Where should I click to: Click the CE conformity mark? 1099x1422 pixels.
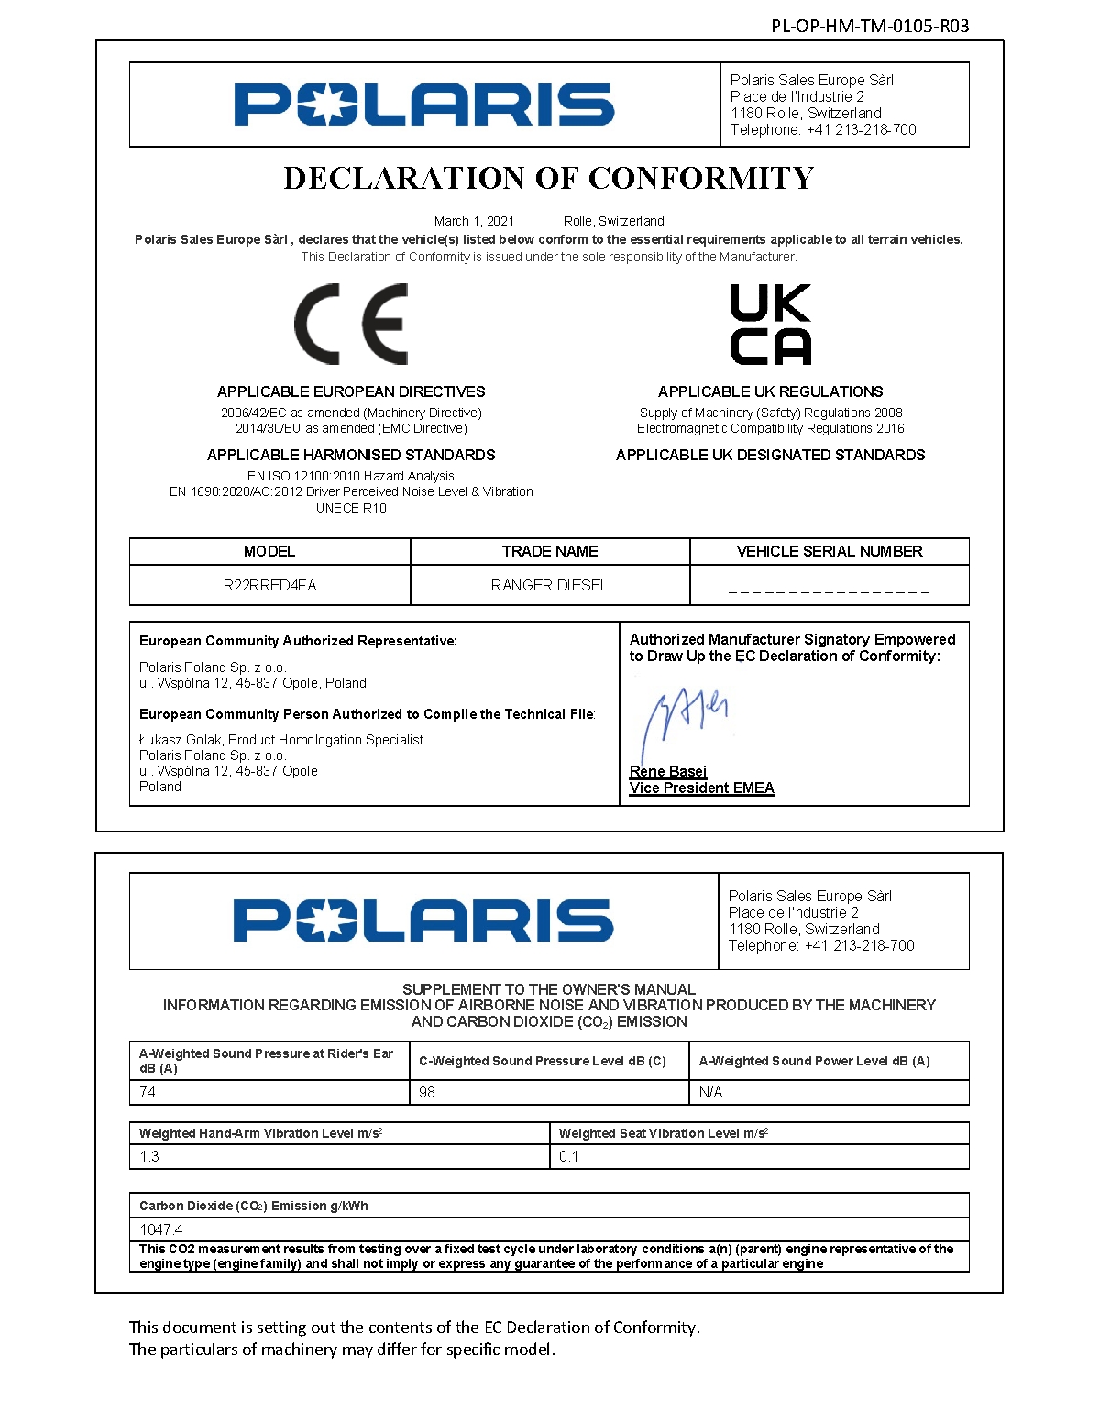(351, 325)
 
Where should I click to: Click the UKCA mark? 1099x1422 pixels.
(770, 325)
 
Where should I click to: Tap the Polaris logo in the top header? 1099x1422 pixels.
(423, 105)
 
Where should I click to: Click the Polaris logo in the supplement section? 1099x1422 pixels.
(423, 920)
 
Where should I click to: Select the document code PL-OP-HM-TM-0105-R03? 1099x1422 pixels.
(870, 26)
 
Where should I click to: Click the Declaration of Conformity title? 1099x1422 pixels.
(548, 178)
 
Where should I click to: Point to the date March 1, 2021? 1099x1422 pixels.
(474, 221)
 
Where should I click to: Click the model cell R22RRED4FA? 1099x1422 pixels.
(269, 585)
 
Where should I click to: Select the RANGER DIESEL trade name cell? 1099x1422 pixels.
(549, 585)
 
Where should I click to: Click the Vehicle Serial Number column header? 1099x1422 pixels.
(829, 551)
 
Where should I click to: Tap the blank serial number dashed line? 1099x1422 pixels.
(829, 590)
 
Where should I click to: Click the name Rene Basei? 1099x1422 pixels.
(667, 771)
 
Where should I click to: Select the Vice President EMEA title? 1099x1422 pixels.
(701, 788)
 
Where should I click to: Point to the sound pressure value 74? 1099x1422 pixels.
(148, 1092)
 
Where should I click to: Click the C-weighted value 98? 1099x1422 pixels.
(427, 1092)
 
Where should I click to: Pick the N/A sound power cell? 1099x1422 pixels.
(710, 1092)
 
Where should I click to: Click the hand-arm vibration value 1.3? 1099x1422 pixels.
(149, 1156)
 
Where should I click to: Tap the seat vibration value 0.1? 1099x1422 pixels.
(568, 1156)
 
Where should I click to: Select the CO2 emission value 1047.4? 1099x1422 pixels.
(161, 1229)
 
